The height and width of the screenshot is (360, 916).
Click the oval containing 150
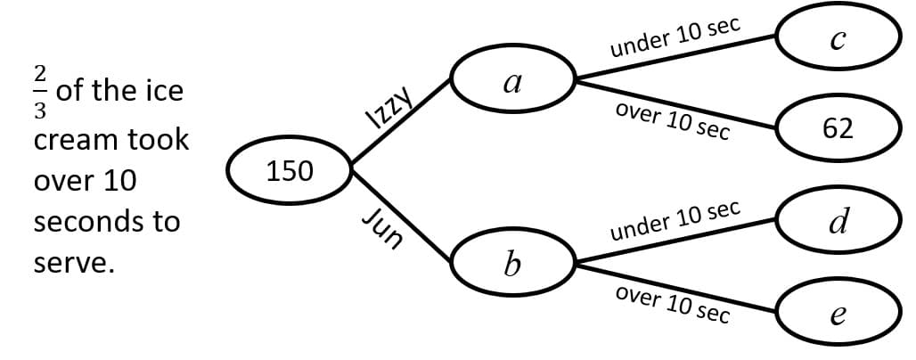pos(290,169)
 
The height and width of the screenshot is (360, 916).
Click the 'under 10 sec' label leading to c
pos(675,37)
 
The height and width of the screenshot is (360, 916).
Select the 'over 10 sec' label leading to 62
pos(673,120)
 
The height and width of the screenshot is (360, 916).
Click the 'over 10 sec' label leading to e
pos(673,305)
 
